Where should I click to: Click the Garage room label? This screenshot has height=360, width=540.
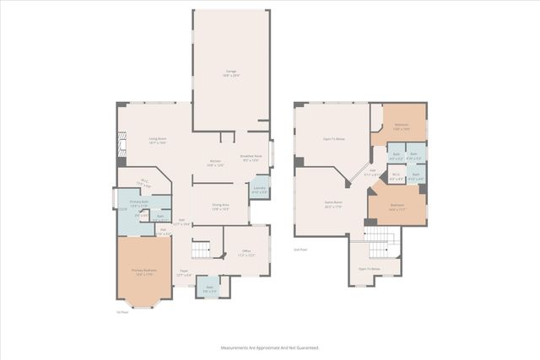(230, 73)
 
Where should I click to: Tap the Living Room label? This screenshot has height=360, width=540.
(157, 141)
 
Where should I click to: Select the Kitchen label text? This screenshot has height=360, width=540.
(215, 164)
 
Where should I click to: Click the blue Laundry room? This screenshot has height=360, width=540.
(260, 191)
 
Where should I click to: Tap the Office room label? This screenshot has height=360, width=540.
(246, 252)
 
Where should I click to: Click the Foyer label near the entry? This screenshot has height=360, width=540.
(183, 273)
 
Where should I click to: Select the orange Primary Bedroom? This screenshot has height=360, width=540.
(141, 271)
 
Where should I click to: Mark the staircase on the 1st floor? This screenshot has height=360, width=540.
(201, 250)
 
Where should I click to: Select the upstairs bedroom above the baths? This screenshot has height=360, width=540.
(402, 127)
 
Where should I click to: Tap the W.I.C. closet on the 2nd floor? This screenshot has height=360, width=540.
(395, 176)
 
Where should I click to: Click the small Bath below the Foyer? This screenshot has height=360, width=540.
(210, 289)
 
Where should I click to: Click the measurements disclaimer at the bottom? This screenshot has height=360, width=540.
(270, 347)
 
